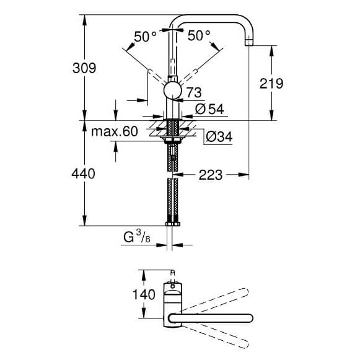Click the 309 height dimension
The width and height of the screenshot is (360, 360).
(84, 68)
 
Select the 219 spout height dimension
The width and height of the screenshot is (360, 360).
(271, 83)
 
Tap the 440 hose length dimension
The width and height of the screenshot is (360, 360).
(84, 173)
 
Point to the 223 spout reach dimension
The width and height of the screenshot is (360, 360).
(211, 175)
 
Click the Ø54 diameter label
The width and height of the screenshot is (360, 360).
(209, 109)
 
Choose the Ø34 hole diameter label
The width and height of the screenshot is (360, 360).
(219, 136)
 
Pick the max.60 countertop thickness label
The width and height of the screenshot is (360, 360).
(115, 131)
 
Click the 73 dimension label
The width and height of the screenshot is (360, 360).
(194, 92)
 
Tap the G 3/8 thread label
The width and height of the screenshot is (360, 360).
(137, 237)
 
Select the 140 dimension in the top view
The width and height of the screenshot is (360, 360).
(144, 294)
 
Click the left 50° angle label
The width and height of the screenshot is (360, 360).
(146, 37)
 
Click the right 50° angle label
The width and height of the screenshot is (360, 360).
(199, 35)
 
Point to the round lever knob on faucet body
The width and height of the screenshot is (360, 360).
(173, 90)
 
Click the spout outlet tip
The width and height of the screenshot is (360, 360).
(249, 42)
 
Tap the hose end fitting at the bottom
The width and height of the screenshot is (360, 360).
(173, 224)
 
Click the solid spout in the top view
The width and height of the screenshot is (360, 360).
(211, 318)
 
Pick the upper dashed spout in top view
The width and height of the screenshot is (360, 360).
(214, 300)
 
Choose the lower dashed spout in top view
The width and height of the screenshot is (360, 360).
(214, 336)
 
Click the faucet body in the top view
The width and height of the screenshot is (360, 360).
(173, 305)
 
